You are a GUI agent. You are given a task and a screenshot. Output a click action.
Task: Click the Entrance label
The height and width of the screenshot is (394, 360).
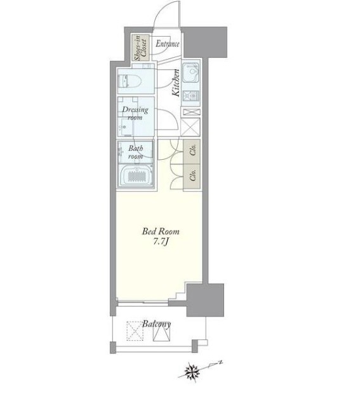click(168, 44)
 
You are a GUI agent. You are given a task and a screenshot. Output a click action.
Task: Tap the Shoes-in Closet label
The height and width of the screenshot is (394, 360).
click(140, 48)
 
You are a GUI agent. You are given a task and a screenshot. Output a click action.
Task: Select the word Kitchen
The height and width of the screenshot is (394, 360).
click(176, 82)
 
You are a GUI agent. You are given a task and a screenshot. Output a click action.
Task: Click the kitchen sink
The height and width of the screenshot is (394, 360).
click(191, 72)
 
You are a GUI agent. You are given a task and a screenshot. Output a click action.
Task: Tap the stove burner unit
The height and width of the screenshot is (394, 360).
click(191, 96)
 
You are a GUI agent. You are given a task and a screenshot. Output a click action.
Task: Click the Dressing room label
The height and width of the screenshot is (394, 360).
click(135, 114)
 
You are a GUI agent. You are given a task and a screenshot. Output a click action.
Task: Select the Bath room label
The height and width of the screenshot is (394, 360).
click(135, 152)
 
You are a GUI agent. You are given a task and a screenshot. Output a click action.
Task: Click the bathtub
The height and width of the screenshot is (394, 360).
click(136, 176)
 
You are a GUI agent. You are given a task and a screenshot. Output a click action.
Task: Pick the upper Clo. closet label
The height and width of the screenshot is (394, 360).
click(193, 151)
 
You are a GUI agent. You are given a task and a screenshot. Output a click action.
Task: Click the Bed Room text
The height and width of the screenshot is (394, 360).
click(161, 231)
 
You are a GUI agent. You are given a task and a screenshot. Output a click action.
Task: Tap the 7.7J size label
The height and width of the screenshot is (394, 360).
click(161, 242)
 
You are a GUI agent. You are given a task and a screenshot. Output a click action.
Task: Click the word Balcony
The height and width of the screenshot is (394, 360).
click(156, 324)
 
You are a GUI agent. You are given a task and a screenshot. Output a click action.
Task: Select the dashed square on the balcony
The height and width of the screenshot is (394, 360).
click(135, 331)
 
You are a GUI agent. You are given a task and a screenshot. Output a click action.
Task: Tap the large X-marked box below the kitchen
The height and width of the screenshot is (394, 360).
click(190, 127)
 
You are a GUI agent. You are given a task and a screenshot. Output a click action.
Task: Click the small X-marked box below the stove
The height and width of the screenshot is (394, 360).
click(192, 112)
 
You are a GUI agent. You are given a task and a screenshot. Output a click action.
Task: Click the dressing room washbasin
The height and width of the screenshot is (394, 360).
click(124, 128)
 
